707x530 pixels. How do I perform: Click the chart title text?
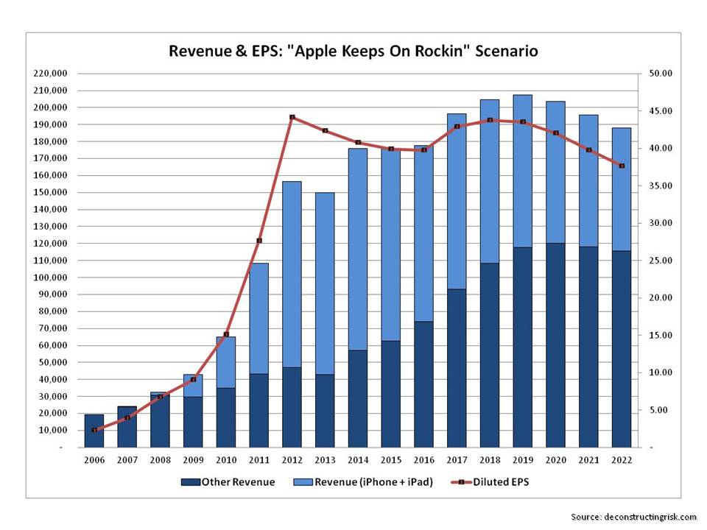coord(353,51)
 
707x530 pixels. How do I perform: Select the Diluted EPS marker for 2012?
coord(292,117)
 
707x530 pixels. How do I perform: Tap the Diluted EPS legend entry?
coord(492,482)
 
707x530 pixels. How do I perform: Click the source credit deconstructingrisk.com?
coord(633,517)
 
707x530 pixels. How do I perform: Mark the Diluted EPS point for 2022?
coord(622,166)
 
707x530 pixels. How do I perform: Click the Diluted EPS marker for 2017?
coord(457,127)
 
